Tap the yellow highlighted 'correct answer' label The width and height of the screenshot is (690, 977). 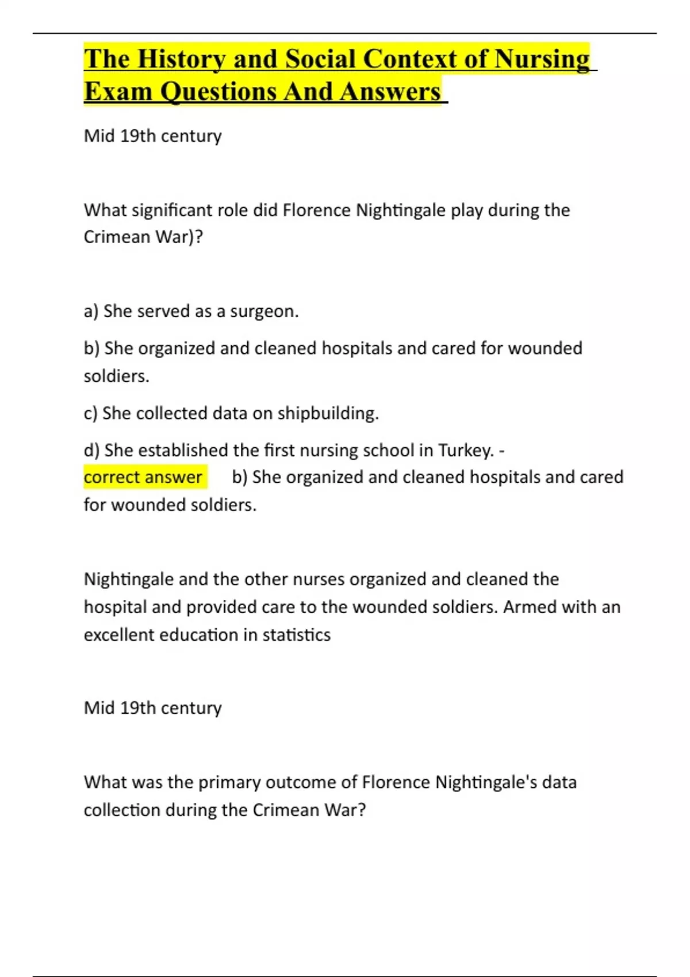point(143,477)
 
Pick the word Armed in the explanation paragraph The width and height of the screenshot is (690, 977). point(530,607)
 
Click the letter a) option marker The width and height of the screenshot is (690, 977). point(91,311)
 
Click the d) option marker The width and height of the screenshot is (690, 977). point(91,450)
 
